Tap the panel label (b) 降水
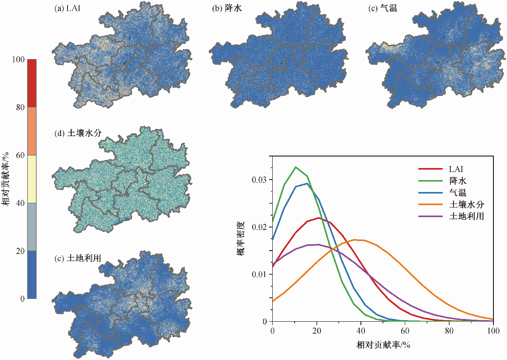(x=225, y=8)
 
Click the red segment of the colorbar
(x=32, y=83)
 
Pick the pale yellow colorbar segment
(x=32, y=179)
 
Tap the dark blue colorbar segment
(x=32, y=275)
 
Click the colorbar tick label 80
(x=20, y=107)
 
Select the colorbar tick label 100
(x=18, y=59)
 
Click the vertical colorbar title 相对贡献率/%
(x=7, y=179)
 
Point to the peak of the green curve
(x=296, y=167)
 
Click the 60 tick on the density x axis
(x=405, y=330)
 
